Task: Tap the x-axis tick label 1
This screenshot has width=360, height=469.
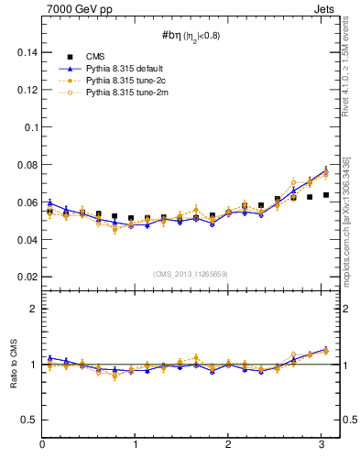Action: pyautogui.click(x=136, y=445)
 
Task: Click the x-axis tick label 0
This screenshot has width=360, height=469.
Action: pyautogui.click(x=42, y=445)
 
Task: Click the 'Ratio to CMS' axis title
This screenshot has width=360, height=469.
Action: pyautogui.click(x=12, y=364)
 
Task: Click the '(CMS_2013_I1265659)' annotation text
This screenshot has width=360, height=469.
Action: pyautogui.click(x=191, y=274)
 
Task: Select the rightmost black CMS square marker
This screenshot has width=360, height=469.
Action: pyautogui.click(x=326, y=195)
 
